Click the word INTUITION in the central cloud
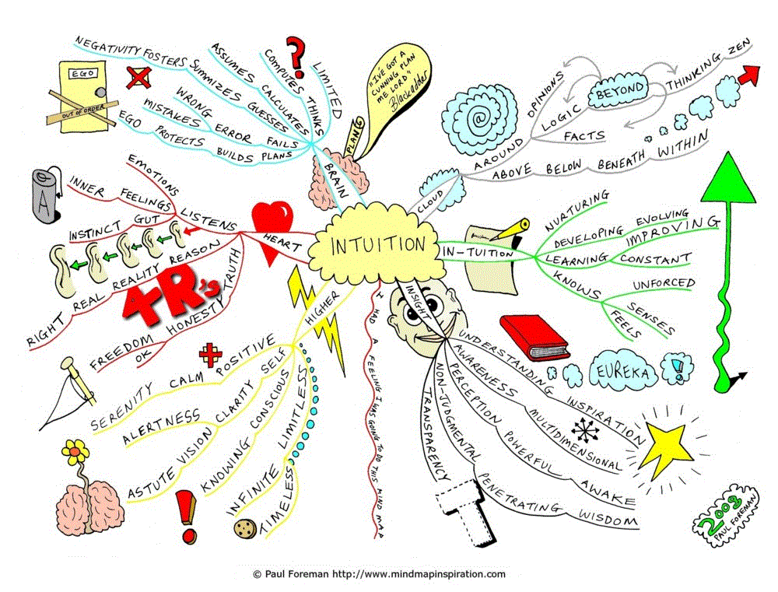point(379,246)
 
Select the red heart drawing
point(273,225)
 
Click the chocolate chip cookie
point(245,528)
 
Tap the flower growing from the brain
point(75,451)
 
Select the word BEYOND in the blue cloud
point(620,90)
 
